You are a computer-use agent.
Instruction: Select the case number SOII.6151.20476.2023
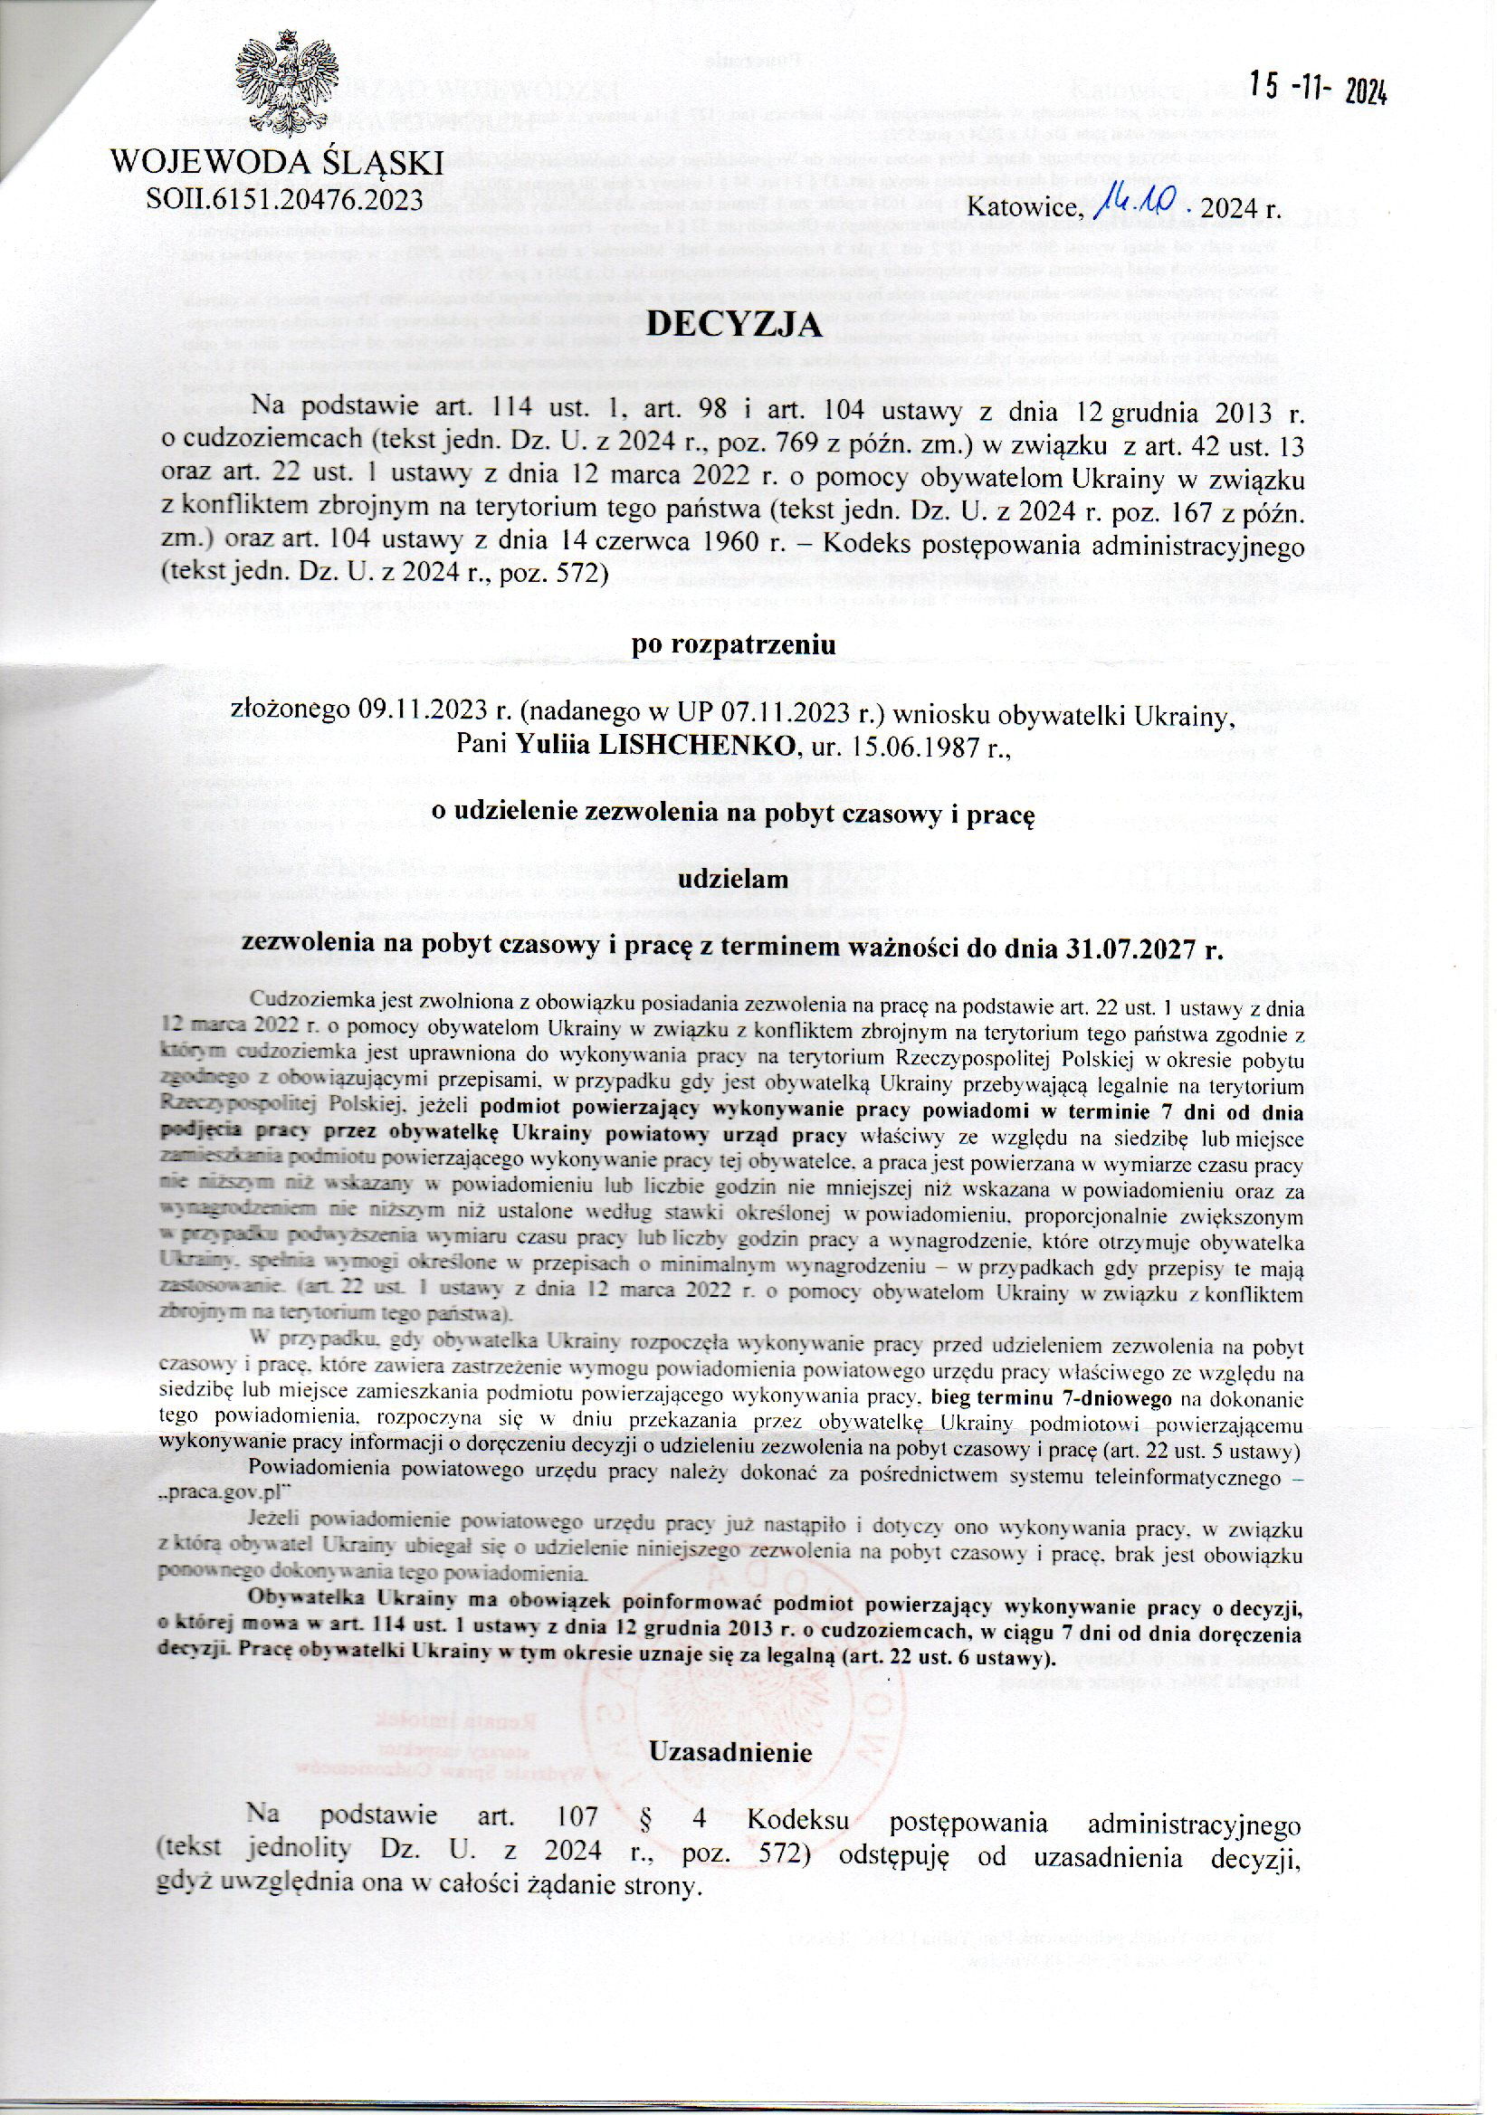tap(285, 197)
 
